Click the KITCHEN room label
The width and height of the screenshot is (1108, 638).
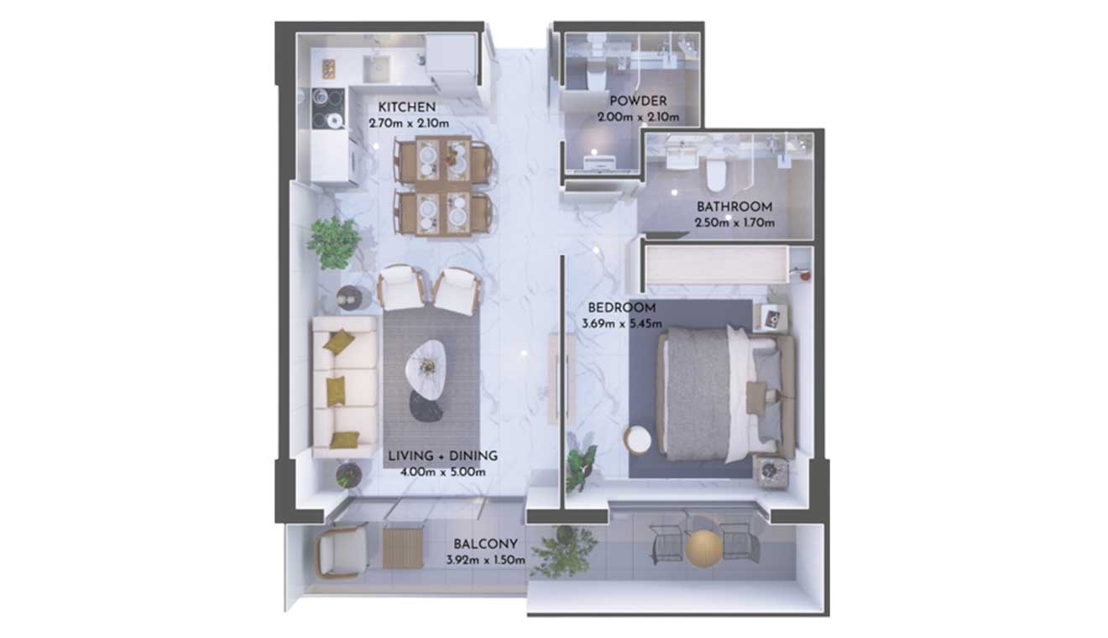406,107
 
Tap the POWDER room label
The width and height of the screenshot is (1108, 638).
638,101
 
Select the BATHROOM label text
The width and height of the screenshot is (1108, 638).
734,207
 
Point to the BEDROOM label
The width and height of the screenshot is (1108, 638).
622,307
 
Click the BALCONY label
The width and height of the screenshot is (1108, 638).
486,544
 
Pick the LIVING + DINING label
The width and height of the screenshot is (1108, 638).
442,456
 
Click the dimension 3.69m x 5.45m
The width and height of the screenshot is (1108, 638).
622,324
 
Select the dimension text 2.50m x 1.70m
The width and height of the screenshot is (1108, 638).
734,222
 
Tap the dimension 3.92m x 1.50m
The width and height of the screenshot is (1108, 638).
486,561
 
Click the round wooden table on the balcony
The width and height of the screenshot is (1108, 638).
704,548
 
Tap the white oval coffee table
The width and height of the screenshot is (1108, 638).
426,369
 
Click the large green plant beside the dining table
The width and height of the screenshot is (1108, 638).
334,242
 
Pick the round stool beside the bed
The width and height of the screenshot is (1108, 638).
638,439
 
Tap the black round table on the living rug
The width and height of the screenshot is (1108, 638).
425,406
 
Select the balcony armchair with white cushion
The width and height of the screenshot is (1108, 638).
341,551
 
